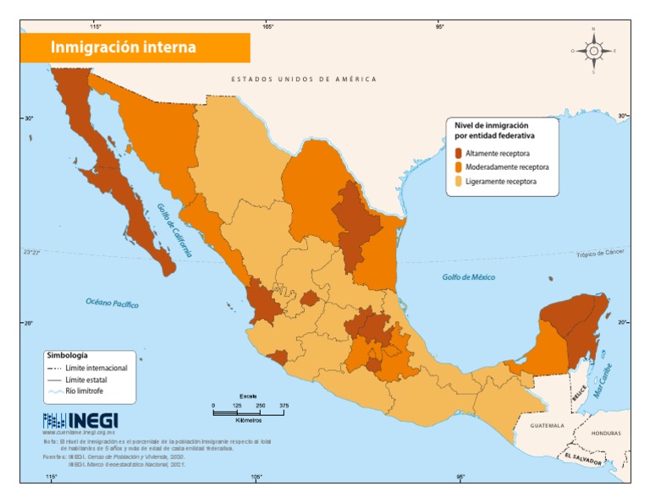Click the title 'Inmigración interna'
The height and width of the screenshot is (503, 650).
[x=124, y=47]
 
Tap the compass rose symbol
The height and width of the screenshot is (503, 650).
[x=593, y=51]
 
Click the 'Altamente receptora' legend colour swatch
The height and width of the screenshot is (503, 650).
[x=458, y=154]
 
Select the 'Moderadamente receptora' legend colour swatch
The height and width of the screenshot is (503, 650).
[x=458, y=167]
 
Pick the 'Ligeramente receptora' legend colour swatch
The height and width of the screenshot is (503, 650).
[x=458, y=181]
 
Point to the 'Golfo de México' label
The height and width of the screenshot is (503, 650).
[x=468, y=277]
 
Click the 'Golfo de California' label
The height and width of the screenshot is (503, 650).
[x=174, y=229]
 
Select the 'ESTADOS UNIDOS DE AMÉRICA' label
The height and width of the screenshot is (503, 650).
[x=304, y=79]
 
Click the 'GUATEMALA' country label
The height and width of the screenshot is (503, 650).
[x=547, y=426]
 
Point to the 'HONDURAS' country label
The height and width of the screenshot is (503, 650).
[x=605, y=433]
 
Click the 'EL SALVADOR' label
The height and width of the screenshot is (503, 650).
[x=581, y=459]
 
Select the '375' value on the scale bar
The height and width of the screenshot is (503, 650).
[x=284, y=407]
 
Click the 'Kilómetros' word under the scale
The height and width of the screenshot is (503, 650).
[x=248, y=420]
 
